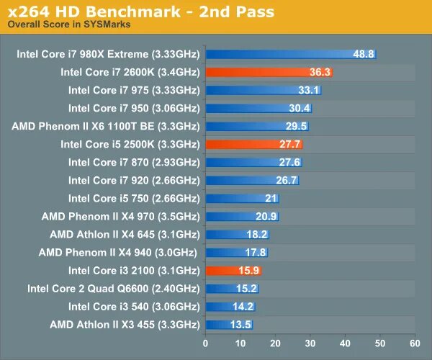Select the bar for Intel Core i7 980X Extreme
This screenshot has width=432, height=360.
[x=288, y=54]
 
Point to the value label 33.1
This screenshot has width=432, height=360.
[x=307, y=90]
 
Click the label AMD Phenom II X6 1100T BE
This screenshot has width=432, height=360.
[x=105, y=126]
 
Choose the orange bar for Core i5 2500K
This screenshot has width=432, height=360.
[x=252, y=144]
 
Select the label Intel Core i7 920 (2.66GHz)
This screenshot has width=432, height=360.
[x=134, y=180]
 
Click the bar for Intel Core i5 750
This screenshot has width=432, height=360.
[x=241, y=198]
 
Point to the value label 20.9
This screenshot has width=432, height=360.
[x=266, y=216]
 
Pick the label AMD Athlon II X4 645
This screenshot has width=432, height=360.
[x=125, y=234]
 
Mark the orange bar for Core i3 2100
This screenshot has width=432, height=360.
[x=232, y=270]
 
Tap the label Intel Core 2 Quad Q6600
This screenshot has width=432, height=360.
[x=113, y=288]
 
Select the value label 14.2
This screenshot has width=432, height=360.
[x=243, y=306]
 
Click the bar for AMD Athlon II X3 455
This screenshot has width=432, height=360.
[x=228, y=324]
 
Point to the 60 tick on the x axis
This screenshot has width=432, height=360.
[x=415, y=343]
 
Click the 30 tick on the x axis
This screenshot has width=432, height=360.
[x=310, y=343]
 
